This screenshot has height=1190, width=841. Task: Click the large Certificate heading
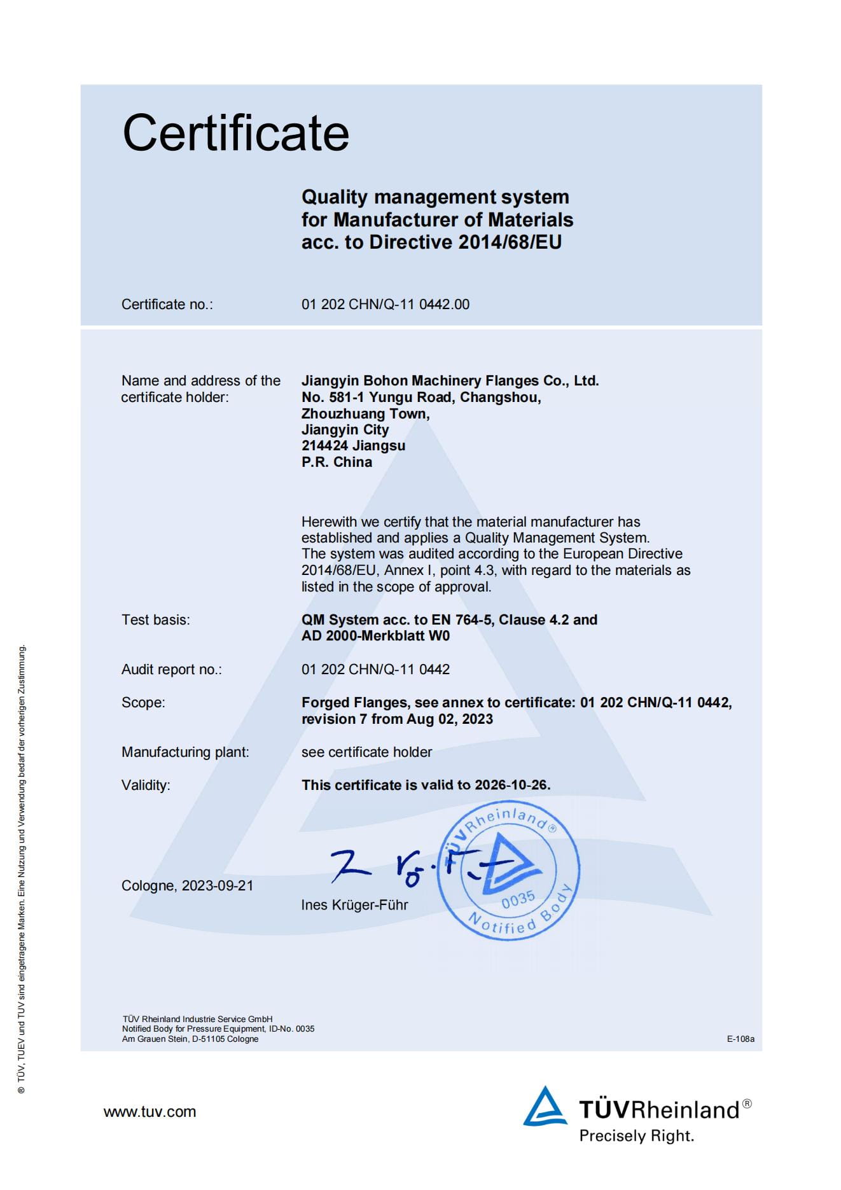[235, 133]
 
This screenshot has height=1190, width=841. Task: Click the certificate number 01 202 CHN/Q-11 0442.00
[386, 304]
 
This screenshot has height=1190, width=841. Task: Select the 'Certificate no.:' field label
[167, 304]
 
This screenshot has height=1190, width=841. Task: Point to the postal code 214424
[324, 445]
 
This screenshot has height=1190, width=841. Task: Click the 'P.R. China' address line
[337, 462]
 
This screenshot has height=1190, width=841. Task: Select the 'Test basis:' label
[156, 619]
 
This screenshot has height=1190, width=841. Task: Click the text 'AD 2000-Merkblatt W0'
[375, 635]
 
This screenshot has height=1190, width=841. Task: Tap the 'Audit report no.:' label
[172, 669]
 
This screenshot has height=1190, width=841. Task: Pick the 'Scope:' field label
[143, 702]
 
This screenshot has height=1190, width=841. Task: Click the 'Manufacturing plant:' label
[185, 752]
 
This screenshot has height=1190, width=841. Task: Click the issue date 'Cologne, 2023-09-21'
[187, 885]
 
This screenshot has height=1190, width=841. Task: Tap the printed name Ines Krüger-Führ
[354, 904]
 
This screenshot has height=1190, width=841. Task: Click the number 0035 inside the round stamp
[518, 899]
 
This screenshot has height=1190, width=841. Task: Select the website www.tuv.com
[149, 1112]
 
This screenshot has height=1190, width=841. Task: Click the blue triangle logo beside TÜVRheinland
[544, 1107]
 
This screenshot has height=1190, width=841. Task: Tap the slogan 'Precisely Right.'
[636, 1135]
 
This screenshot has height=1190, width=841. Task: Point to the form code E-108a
[740, 1039]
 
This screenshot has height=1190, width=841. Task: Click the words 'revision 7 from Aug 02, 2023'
[397, 719]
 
